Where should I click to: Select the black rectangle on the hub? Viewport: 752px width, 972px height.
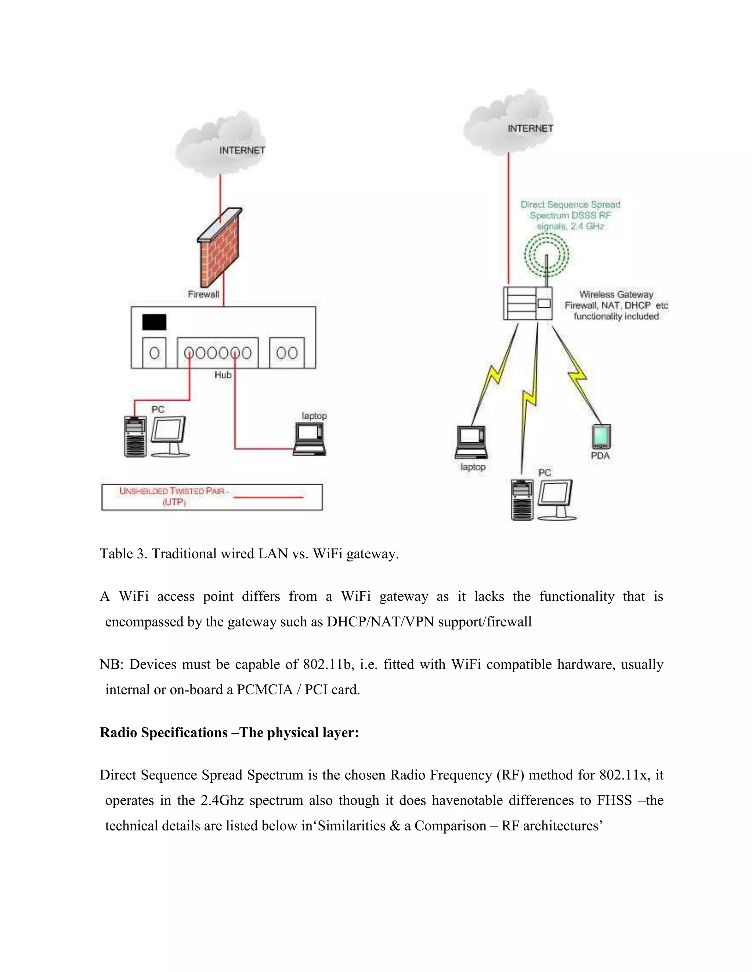pos(154,322)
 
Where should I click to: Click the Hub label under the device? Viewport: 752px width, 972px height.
pos(223,375)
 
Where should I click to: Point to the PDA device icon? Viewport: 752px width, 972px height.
pos(601,436)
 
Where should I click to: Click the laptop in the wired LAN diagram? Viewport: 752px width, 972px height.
pos(310,439)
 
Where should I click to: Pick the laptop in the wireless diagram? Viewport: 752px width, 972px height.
pos(471,442)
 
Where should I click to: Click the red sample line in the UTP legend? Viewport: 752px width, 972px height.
pos(268,497)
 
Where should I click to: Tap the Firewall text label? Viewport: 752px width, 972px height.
pos(203,294)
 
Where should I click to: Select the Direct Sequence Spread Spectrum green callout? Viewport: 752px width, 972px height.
pos(570,215)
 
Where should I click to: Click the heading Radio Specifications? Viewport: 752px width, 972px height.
pos(229,732)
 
